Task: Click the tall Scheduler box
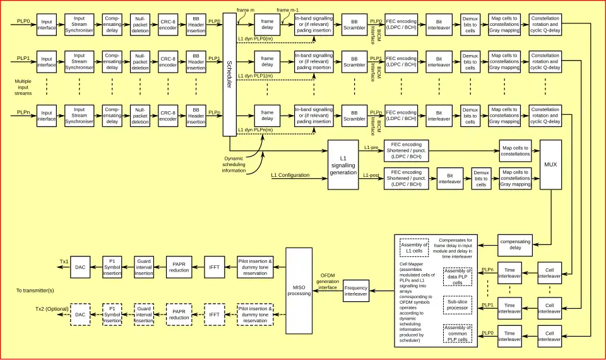[x=229, y=74]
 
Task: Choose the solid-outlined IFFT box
[x=214, y=267]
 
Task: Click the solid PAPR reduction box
[x=179, y=267]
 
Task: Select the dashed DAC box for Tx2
[x=80, y=314]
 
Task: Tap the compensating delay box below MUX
[x=514, y=245]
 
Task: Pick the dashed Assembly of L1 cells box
[x=414, y=248]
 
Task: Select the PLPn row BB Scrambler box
[x=354, y=116]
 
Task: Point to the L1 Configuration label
[x=290, y=175]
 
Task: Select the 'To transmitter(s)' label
[x=35, y=291]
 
